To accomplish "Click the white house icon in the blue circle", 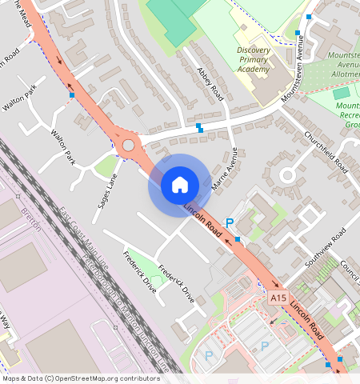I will (180, 185).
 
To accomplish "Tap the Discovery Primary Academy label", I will (254, 60).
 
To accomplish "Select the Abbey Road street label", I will (209, 83).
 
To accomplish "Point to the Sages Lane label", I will (106, 190).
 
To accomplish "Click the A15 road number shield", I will (278, 298).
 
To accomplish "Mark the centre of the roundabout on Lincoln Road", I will (128, 146).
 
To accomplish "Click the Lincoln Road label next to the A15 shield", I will (308, 318).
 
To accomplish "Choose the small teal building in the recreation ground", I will (342, 94).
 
